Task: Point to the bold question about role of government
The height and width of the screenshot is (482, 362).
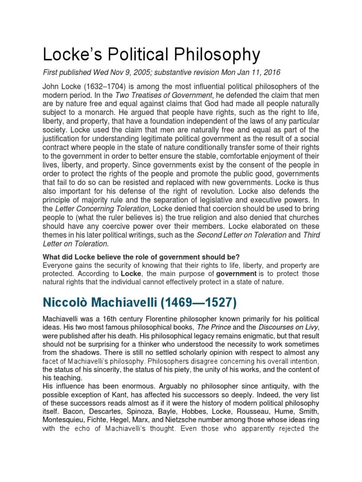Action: point(141,257)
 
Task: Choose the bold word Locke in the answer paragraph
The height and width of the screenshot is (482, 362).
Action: point(131,273)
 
